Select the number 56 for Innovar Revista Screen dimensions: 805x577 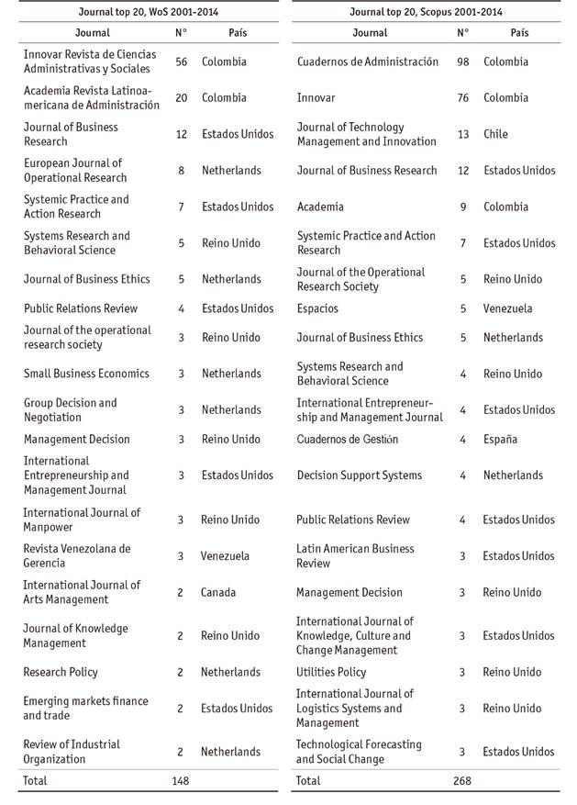point(182,61)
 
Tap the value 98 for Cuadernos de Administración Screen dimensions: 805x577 point(462,61)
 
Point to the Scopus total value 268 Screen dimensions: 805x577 point(462,781)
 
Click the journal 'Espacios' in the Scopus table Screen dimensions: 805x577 point(317,308)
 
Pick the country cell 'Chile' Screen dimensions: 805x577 point(495,134)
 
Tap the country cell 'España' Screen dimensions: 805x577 point(500,439)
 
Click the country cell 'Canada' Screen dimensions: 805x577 point(218,592)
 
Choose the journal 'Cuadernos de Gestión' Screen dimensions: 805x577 point(347,439)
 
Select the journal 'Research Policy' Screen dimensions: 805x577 point(61,672)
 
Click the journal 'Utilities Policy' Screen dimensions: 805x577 point(330,672)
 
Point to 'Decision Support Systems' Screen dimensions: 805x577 point(359,475)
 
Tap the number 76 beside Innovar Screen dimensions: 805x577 point(462,97)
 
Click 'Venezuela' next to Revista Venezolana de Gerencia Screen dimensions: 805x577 point(226,555)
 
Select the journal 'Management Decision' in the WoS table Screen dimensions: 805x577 point(77,439)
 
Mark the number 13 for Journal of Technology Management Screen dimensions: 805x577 point(462,134)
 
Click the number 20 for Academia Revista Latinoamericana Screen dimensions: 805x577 point(182,97)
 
